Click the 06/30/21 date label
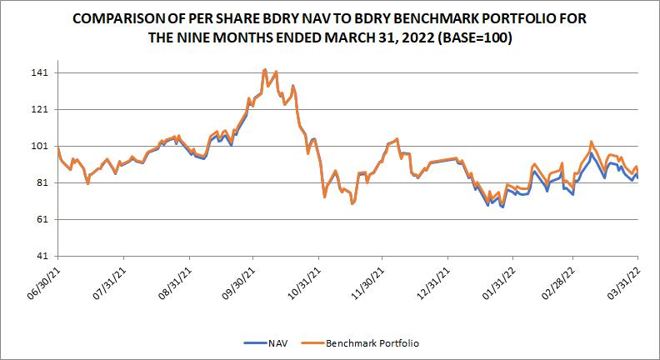pyautogui.click(x=44, y=280)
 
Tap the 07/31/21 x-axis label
pyautogui.click(x=108, y=280)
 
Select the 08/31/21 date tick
pyautogui.click(x=173, y=280)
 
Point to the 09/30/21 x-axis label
pyautogui.click(x=237, y=280)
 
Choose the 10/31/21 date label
pyautogui.click(x=302, y=280)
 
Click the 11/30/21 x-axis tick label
pyautogui.click(x=367, y=280)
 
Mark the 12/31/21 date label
pyautogui.click(x=432, y=280)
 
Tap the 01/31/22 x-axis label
pyautogui.click(x=496, y=280)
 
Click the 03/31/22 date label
pyautogui.click(x=623, y=280)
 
